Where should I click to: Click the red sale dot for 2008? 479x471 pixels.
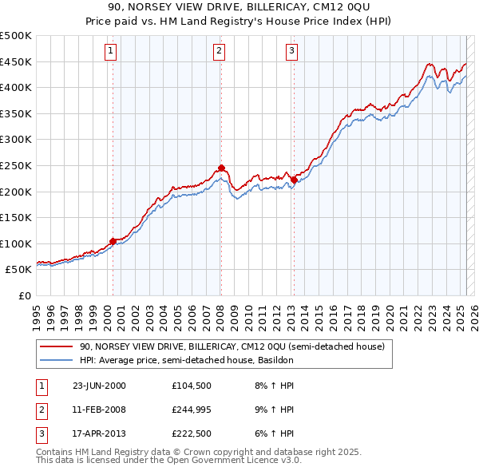pyautogui.click(x=221, y=168)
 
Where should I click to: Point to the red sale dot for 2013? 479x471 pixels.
pyautogui.click(x=294, y=180)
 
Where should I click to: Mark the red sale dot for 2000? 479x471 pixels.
pyautogui.click(x=113, y=240)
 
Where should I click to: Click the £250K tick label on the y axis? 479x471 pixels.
pyautogui.click(x=17, y=165)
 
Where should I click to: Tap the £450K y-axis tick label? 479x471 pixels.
pyautogui.click(x=17, y=61)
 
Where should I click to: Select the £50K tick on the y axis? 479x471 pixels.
pyautogui.click(x=19, y=269)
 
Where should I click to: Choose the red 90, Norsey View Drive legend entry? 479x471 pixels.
pyautogui.click(x=232, y=346)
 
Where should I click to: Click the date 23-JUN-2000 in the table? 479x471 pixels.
pyautogui.click(x=99, y=386)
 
